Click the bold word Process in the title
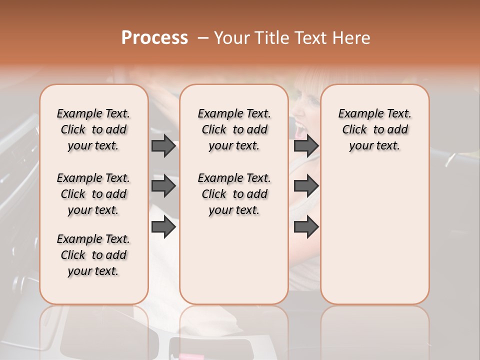click(x=154, y=37)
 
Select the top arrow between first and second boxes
click(x=163, y=145)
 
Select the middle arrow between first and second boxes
click(x=163, y=186)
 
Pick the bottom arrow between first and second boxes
click(x=163, y=227)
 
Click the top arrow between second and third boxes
click(x=306, y=145)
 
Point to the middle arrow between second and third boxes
click(x=306, y=186)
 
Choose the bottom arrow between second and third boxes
click(x=306, y=227)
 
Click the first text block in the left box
click(x=93, y=129)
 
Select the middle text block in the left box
click(x=93, y=194)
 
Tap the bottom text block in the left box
click(x=93, y=255)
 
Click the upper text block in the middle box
click(x=234, y=129)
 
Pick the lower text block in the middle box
click(x=234, y=194)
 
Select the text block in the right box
click(x=374, y=129)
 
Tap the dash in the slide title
click(x=203, y=37)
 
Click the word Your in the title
click(x=231, y=37)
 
